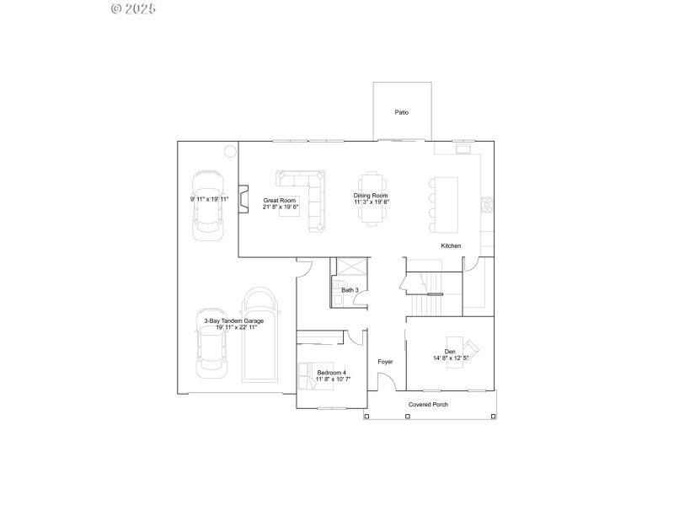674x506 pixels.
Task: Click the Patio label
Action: (x=402, y=112)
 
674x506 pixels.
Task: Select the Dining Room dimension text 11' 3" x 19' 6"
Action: (x=371, y=202)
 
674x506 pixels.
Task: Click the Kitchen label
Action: (x=451, y=245)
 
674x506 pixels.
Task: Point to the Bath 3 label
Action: (x=350, y=290)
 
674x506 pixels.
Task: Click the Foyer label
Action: (x=385, y=362)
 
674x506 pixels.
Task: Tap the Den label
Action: (x=450, y=352)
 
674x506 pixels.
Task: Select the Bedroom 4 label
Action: (x=331, y=372)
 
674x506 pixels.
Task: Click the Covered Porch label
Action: (x=428, y=405)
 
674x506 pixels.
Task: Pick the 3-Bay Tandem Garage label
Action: (x=233, y=320)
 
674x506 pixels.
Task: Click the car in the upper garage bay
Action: (x=208, y=206)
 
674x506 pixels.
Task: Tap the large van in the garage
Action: (x=260, y=335)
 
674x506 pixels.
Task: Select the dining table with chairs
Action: (x=372, y=199)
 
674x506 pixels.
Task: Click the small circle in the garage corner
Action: (x=230, y=152)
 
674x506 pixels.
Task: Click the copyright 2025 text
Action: (x=133, y=8)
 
